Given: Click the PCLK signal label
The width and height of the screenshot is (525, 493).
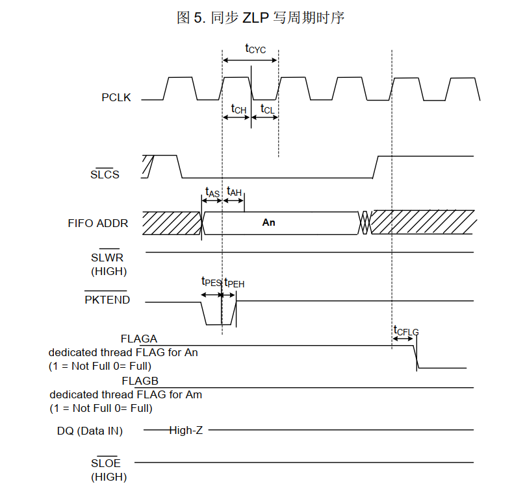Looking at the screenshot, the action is pos(116,97).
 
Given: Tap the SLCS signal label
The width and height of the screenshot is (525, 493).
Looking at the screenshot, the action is pos(105,174).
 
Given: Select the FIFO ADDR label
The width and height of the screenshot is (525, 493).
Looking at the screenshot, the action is pos(97,223).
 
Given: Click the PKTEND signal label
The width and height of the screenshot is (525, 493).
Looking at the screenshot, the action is pos(107,300).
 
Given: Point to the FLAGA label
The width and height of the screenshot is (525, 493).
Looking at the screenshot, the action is pos(138,339).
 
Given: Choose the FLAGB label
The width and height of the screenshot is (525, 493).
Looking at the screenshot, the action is pos(140,381).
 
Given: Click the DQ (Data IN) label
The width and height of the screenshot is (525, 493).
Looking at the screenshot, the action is pos(90,431).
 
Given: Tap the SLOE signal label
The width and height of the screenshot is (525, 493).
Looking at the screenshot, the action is pos(105,463).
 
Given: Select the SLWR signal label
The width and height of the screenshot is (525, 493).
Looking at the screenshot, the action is pos(107,258).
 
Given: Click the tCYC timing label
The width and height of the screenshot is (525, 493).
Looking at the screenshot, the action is pos(255,49).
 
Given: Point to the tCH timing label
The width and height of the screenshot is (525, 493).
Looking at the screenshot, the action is pos(238,108).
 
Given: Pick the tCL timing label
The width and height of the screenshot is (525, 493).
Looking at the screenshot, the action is pos(267,108).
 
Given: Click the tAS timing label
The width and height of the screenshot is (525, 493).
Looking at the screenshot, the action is pos(212,192).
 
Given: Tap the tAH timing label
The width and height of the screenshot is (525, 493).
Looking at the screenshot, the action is pos(234,191).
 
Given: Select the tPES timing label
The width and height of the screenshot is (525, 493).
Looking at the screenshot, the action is pos(211,282).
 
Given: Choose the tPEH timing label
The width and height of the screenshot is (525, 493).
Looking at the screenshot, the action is pos(235,283).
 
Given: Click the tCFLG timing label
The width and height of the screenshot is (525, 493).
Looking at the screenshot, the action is pos(406,331).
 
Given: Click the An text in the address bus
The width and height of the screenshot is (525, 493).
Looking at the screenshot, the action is pos(269,222).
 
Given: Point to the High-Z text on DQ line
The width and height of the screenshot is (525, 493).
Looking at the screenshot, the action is pos(186,430).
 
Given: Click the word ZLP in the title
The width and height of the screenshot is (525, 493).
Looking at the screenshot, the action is pos(256,18).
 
